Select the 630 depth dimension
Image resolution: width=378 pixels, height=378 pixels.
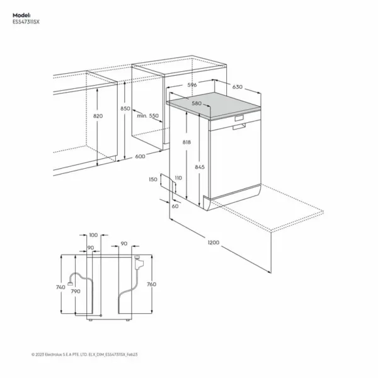click(x=237, y=87)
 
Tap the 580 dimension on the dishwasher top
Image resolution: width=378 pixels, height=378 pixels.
click(x=196, y=103)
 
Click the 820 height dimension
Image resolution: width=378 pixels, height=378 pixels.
click(x=97, y=117)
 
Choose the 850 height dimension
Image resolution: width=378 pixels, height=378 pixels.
click(x=125, y=108)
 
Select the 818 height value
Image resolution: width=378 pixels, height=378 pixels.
click(x=187, y=142)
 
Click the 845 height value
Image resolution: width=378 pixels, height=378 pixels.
click(x=200, y=167)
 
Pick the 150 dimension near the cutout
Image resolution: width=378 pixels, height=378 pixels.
click(x=153, y=180)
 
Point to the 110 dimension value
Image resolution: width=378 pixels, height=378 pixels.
click(x=178, y=178)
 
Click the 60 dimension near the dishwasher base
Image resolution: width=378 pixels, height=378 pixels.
click(x=175, y=206)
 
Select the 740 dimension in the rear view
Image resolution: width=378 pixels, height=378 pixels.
click(x=60, y=287)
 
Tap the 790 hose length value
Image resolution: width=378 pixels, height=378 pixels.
click(x=75, y=292)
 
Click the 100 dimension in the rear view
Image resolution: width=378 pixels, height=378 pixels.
click(x=94, y=235)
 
